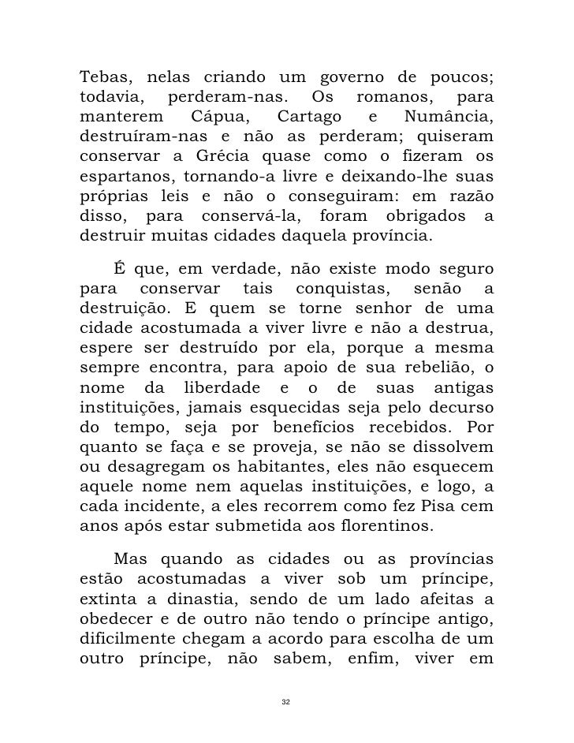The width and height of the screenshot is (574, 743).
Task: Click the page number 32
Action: [287, 701]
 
